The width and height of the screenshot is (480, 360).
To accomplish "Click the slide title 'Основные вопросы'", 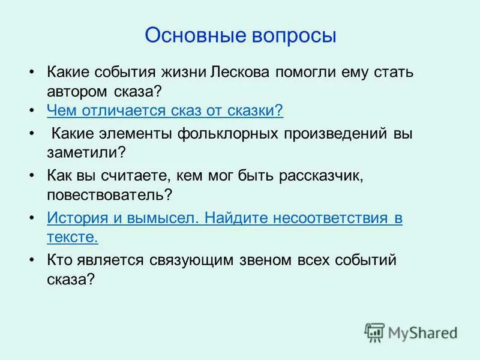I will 240,34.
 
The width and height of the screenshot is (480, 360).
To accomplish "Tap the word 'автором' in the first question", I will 74,91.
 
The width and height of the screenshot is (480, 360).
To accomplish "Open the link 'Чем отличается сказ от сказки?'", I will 164,111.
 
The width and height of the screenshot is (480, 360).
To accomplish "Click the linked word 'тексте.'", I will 73,236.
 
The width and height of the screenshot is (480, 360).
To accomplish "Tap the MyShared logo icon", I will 374,332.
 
